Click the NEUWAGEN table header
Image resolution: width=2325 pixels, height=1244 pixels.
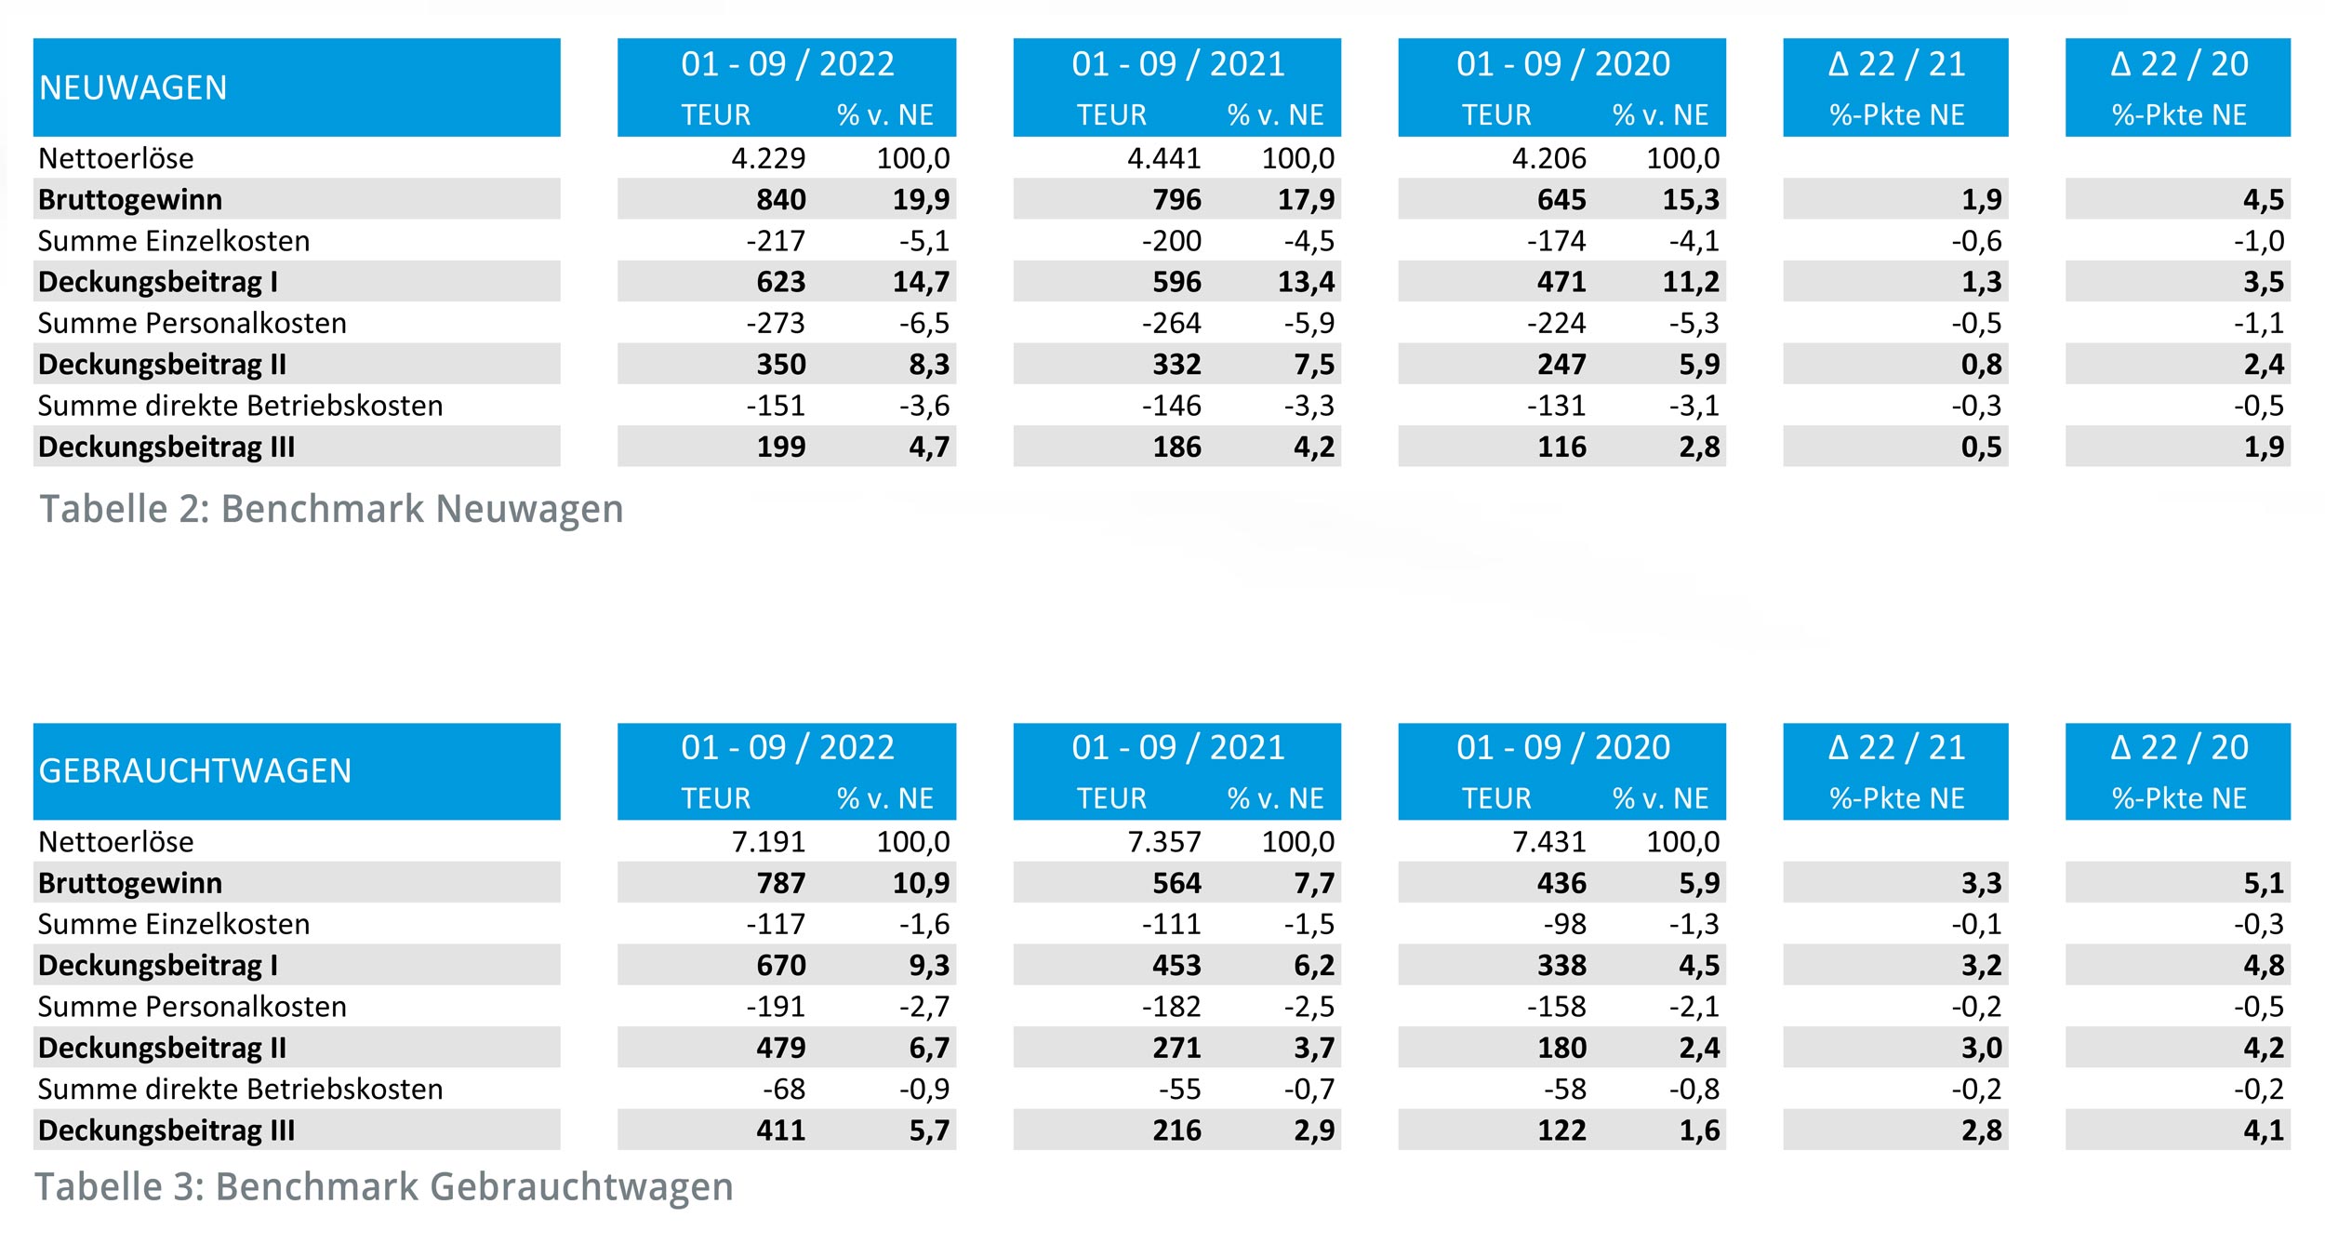pyautogui.click(x=133, y=87)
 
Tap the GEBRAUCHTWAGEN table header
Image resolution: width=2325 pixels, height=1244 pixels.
pyautogui.click(x=195, y=771)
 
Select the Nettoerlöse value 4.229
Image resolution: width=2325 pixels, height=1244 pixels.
pyautogui.click(x=767, y=158)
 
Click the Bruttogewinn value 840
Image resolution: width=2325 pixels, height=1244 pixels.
pyautogui.click(x=780, y=200)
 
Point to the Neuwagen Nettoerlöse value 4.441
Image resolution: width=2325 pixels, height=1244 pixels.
pyautogui.click(x=1163, y=158)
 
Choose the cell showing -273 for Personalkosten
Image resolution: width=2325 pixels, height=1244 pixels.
pyautogui.click(x=775, y=323)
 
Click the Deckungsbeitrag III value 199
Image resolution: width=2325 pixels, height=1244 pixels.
pyautogui.click(x=780, y=447)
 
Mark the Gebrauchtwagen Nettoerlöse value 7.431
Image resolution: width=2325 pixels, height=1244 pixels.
pyautogui.click(x=1548, y=842)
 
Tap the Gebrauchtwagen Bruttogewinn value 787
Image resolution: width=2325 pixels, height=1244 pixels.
pyautogui.click(x=780, y=883)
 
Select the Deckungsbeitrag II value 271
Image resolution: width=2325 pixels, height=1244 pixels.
pyautogui.click(x=1176, y=1048)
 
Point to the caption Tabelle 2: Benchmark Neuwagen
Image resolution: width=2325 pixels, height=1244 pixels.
pyautogui.click(x=331, y=509)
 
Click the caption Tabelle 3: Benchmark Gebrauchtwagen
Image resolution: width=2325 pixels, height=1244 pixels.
pyautogui.click(x=384, y=1187)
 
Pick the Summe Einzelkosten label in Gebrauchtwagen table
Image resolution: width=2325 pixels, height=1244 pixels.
pyautogui.click(x=174, y=924)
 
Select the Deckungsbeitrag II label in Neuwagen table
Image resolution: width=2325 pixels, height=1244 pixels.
pyautogui.click(x=162, y=365)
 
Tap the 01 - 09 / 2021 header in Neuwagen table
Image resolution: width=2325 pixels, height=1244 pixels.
pyautogui.click(x=1177, y=64)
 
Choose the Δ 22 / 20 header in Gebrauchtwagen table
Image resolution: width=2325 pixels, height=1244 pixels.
pyautogui.click(x=2178, y=748)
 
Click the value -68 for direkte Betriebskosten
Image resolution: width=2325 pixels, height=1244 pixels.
pyautogui.click(x=783, y=1089)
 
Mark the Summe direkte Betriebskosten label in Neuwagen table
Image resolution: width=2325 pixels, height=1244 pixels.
pyautogui.click(x=240, y=406)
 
